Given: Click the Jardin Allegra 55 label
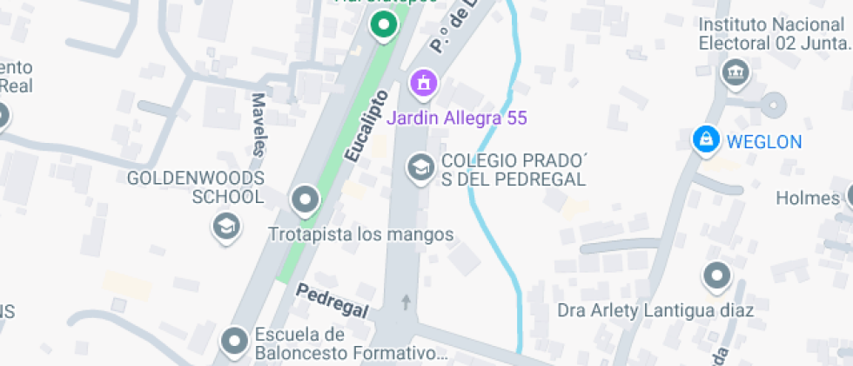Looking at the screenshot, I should pyautogui.click(x=457, y=118).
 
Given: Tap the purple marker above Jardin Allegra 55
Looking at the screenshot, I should pyautogui.click(x=424, y=85).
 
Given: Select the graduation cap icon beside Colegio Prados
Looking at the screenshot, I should pyautogui.click(x=421, y=166).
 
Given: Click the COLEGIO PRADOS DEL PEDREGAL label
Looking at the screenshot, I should pyautogui.click(x=513, y=170).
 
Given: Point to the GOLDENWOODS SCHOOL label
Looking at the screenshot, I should pyautogui.click(x=195, y=187).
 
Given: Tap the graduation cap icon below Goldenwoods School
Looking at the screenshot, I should pyautogui.click(x=226, y=227).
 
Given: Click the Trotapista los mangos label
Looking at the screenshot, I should pyautogui.click(x=361, y=234).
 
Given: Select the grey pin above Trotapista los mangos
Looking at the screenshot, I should pyautogui.click(x=306, y=200).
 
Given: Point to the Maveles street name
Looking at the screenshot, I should pyautogui.click(x=259, y=124).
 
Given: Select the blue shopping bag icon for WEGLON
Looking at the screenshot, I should pyautogui.click(x=705, y=139).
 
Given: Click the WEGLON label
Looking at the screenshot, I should pyautogui.click(x=764, y=141).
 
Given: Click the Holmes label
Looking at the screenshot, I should pyautogui.click(x=807, y=198).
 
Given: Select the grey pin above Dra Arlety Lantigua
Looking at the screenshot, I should pyautogui.click(x=717, y=276).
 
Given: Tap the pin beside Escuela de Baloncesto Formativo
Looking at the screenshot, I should pyautogui.click(x=234, y=342).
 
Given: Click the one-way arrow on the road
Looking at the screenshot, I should pyautogui.click(x=406, y=302).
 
